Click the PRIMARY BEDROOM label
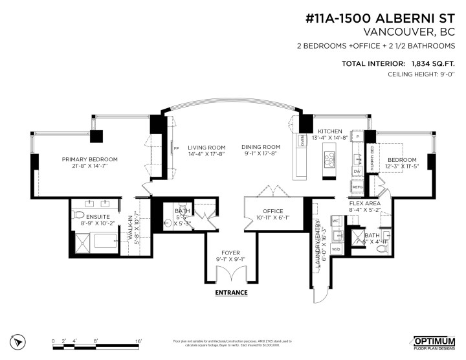coord(89,159)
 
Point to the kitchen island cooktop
coord(328,157)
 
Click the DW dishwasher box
coord(357,172)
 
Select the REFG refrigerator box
coord(357,186)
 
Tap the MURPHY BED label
coord(372,158)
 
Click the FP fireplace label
coord(176,149)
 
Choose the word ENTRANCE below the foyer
coord(232,293)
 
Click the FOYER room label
coord(231,253)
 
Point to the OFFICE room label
coord(272,211)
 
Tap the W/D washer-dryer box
coord(336,249)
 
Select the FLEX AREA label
coord(365,203)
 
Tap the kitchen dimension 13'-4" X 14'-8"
coord(330,137)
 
